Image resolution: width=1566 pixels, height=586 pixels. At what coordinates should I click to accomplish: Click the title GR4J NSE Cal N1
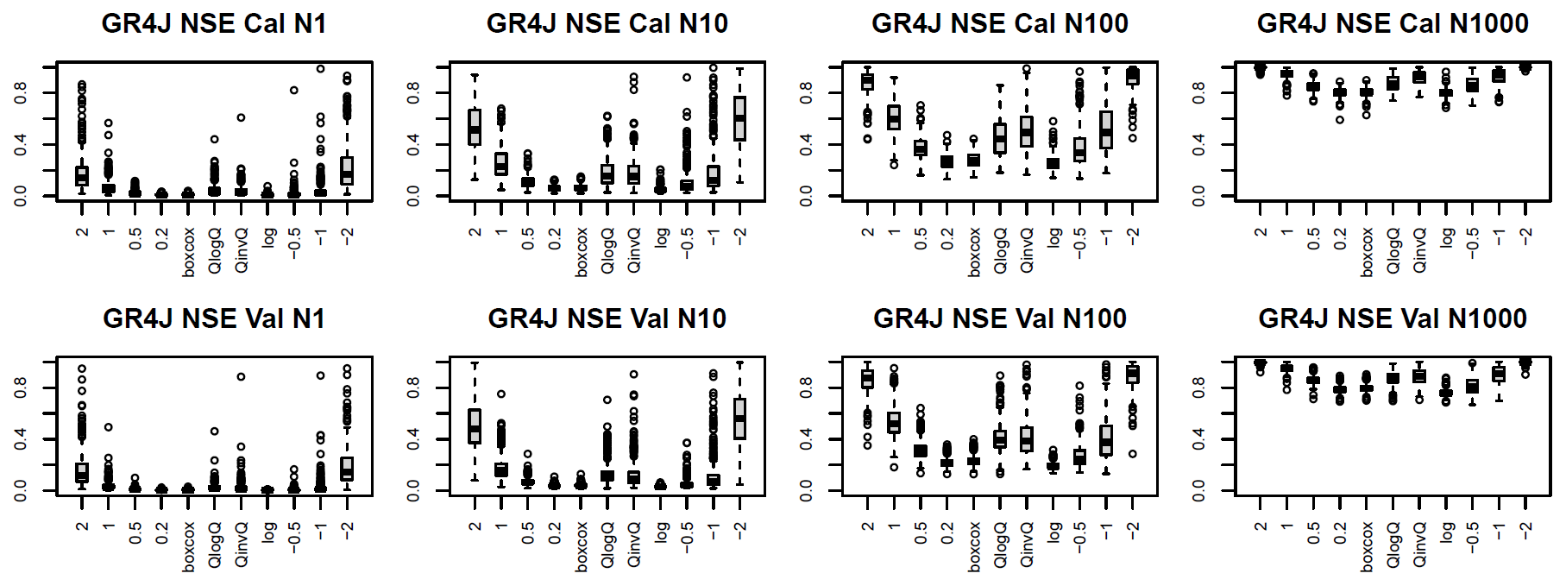pos(214,23)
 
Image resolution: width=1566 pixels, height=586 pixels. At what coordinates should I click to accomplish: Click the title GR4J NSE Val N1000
pos(1393,318)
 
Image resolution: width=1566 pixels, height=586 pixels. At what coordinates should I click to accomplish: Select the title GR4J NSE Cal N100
pos(1000,23)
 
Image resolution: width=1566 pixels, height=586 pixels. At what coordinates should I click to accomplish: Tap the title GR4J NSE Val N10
pos(607,318)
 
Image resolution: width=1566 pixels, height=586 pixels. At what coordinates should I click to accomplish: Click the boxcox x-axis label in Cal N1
pos(189,252)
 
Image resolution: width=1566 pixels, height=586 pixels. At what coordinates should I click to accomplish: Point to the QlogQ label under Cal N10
pos(608,250)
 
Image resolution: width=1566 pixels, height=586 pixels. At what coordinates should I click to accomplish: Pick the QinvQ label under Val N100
pos(1027,545)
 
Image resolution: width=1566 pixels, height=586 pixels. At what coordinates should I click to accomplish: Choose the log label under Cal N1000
pos(1446,237)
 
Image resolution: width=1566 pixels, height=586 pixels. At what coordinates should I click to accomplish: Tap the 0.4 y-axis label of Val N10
pos(414,439)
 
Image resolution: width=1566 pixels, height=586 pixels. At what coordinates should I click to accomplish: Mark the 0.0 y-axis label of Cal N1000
pos(1199,197)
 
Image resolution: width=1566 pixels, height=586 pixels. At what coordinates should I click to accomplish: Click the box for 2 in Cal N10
pos(475,127)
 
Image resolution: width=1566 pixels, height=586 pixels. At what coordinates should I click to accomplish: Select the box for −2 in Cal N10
pos(739,118)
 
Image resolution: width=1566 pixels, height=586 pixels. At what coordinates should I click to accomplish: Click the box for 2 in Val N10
pos(475,426)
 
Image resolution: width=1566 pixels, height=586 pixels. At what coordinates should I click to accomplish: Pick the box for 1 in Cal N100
pos(894,117)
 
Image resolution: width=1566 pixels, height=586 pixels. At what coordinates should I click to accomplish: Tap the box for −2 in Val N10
pos(739,419)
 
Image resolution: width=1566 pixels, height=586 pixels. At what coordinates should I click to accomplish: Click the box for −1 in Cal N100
pos(1106,129)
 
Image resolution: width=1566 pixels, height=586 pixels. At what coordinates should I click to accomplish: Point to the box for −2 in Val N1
pos(347,469)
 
